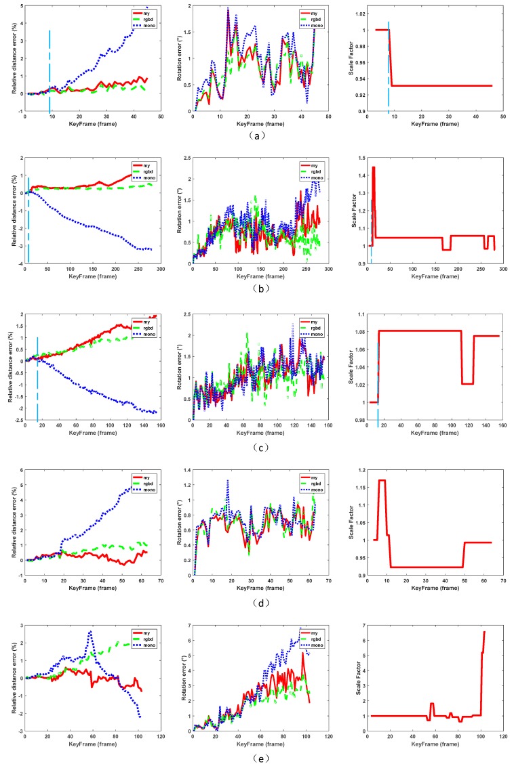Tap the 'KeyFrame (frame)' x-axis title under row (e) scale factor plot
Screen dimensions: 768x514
coord(435,744)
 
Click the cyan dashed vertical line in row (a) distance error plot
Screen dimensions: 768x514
coord(50,68)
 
